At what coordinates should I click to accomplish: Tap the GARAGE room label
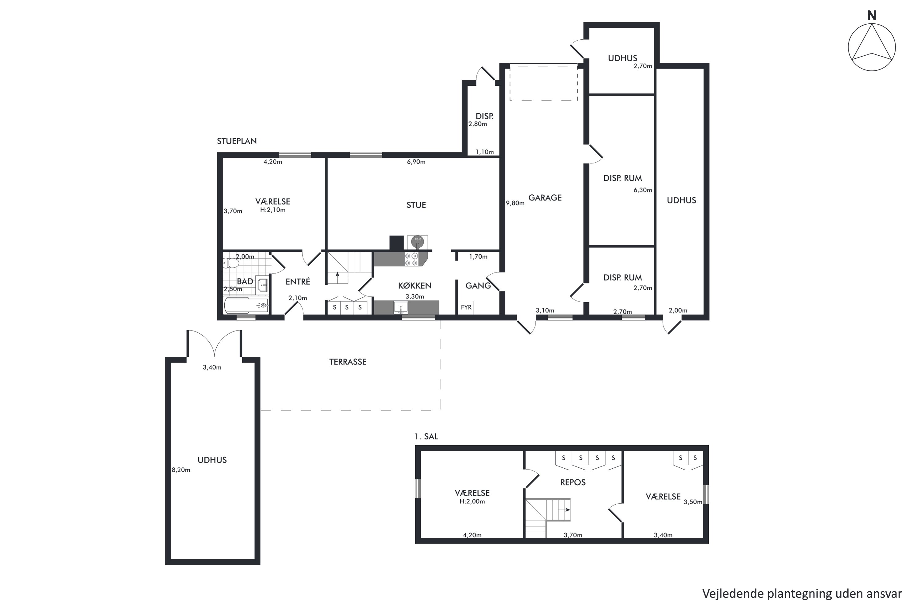(545, 198)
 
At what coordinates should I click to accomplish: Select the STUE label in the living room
(416, 205)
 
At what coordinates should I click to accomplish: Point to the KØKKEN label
(415, 286)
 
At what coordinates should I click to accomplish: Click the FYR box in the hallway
(466, 307)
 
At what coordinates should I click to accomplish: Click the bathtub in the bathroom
(246, 305)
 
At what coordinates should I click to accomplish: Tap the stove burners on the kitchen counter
(411, 259)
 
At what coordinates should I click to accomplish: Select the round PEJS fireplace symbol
(417, 240)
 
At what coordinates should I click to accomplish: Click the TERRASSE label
(348, 362)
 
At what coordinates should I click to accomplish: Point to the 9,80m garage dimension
(515, 203)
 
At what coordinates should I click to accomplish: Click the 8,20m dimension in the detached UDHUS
(181, 470)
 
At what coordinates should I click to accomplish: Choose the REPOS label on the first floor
(573, 482)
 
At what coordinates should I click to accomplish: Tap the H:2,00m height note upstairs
(472, 501)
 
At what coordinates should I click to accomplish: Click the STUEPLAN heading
(237, 141)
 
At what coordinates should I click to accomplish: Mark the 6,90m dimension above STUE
(416, 162)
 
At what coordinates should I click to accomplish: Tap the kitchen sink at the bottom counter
(401, 308)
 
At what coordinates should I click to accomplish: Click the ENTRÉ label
(297, 281)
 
